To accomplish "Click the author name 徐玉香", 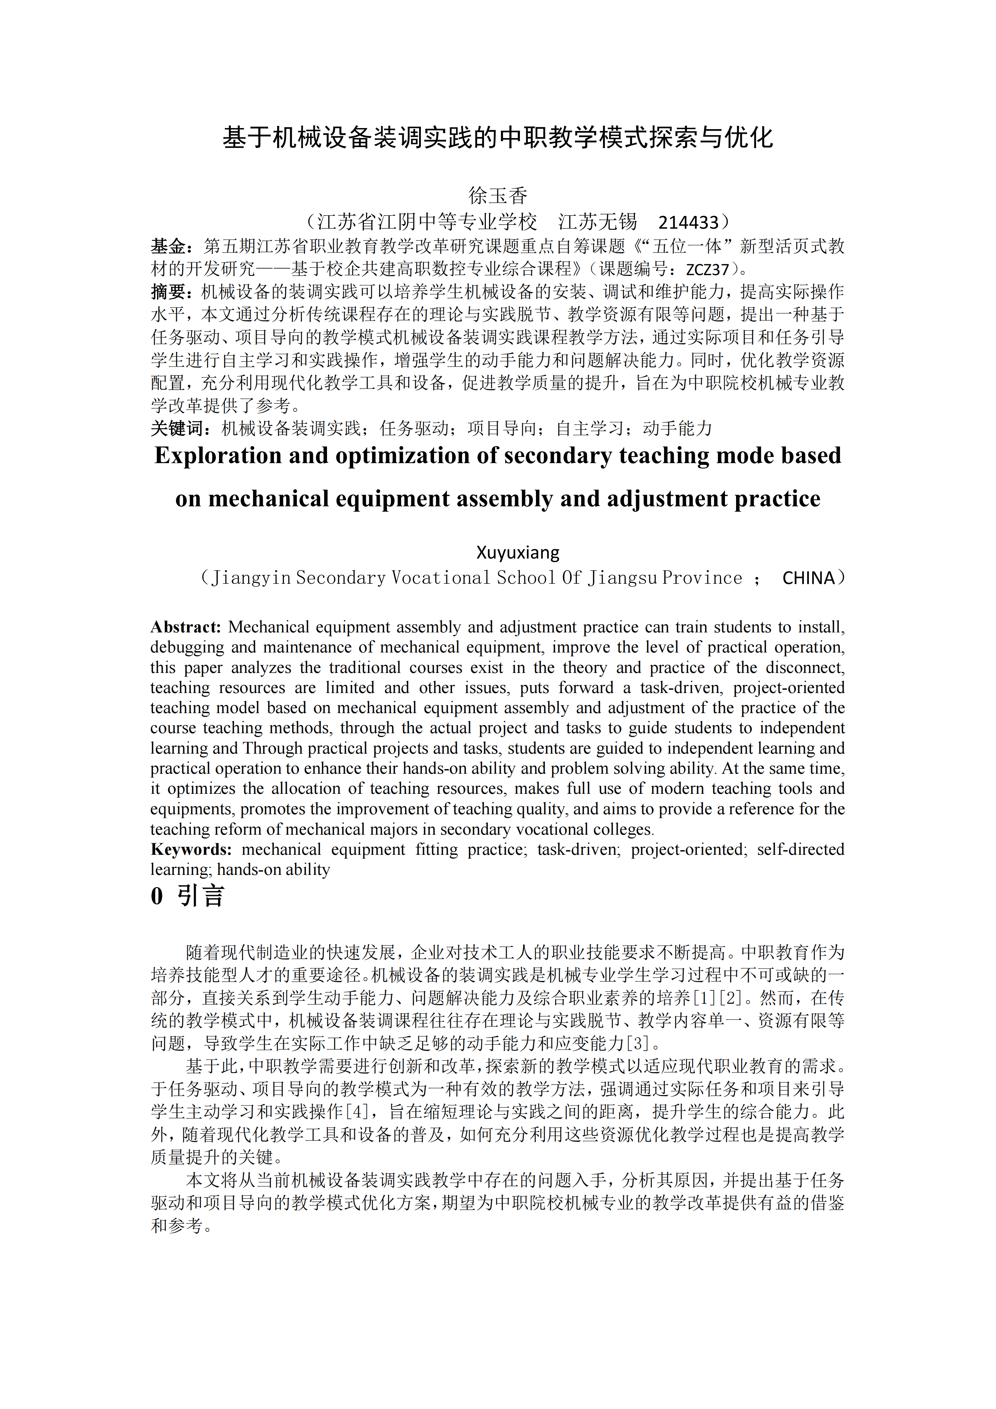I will [x=497, y=196].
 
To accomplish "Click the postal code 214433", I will [x=688, y=222].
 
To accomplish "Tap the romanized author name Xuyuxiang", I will [x=518, y=552].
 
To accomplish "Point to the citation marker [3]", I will [x=638, y=1043].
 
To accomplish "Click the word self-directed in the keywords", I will [x=800, y=849].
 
